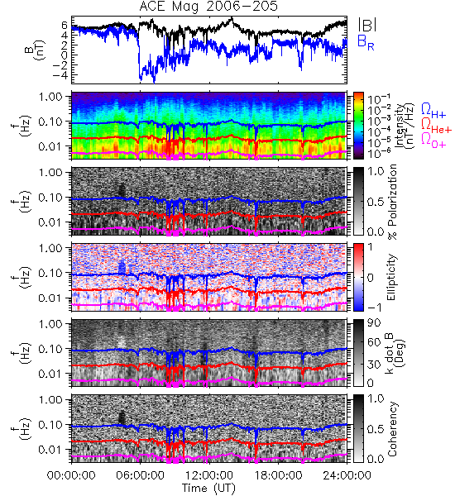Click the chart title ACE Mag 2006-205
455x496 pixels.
tap(208, 7)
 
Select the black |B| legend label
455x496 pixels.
tap(367, 25)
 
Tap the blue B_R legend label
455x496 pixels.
tap(366, 42)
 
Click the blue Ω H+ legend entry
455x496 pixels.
tap(433, 111)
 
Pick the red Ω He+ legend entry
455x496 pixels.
tap(436, 126)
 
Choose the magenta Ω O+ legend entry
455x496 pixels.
tap(433, 140)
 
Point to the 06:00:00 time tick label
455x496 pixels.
tap(141, 475)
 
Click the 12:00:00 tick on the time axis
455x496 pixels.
tap(209, 475)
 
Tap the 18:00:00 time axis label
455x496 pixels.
tap(278, 475)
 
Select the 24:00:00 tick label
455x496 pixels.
tap(347, 475)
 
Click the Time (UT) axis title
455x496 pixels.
tap(209, 489)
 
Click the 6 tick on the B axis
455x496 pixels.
tap(65, 25)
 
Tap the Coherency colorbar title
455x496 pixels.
tap(392, 429)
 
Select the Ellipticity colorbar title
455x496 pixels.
tap(391, 278)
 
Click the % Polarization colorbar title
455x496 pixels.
tap(393, 202)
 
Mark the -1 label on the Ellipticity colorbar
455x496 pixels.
tap(375, 307)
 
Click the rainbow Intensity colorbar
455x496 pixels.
tap(358, 126)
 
